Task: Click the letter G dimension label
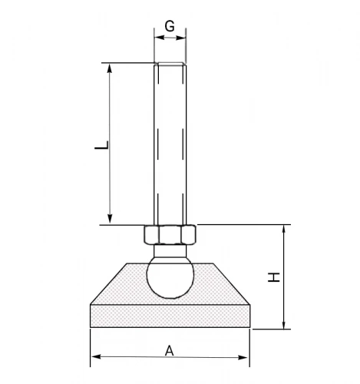[170, 26]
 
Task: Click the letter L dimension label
[102, 145]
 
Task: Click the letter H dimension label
[274, 277]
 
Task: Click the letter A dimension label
[170, 351]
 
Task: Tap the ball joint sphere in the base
[170, 278]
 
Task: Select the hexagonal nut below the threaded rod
[170, 234]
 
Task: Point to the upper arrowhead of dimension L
[110, 68]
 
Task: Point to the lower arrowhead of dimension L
[110, 219]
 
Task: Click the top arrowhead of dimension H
[284, 230]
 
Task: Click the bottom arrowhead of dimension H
[284, 325]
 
